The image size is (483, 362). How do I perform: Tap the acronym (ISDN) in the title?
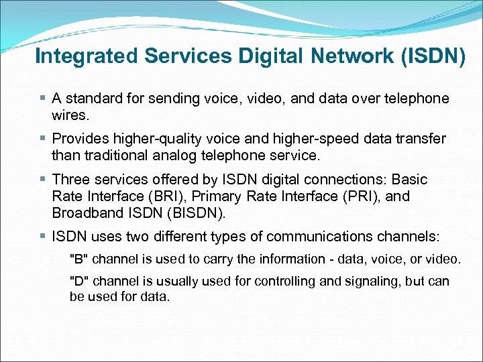432,56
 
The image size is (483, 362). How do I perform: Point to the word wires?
69,115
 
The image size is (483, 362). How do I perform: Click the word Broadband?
86,213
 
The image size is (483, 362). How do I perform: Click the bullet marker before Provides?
44,139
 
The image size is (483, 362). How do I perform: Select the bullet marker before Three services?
44,180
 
